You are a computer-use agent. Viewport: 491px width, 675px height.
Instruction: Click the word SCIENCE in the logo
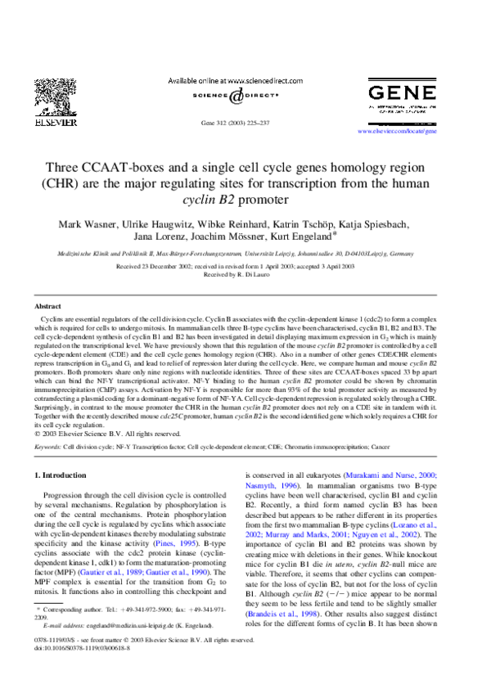pos(209,96)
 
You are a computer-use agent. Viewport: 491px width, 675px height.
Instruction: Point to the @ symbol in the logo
pos(236,97)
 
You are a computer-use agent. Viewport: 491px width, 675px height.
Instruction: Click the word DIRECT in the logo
pos(264,96)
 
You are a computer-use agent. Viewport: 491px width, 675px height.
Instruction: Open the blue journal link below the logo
pos(398,131)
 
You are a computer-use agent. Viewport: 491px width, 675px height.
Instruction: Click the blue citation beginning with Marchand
pos(391,475)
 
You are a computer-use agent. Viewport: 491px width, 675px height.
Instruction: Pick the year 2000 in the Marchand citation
pos(428,475)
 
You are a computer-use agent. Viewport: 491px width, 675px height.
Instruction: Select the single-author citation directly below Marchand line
pos(271,486)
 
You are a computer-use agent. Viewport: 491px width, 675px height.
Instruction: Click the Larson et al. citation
pos(414,524)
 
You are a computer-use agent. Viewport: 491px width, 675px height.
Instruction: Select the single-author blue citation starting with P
pos(176,544)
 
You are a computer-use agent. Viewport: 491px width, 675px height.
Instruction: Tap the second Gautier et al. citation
pos(177,573)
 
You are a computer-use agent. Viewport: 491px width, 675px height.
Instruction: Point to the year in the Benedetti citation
pos(309,614)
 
